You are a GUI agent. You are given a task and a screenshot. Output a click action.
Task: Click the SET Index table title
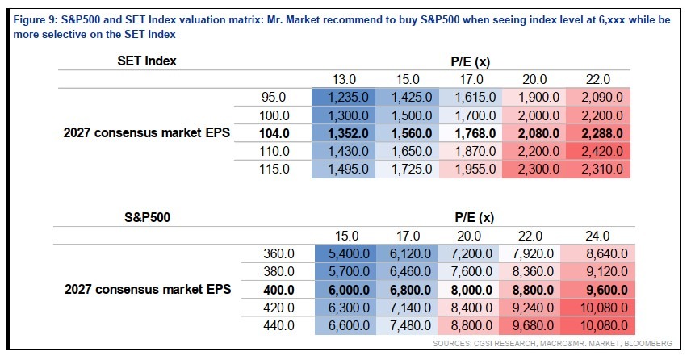147,61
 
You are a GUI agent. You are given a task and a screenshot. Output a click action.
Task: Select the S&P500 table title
147,217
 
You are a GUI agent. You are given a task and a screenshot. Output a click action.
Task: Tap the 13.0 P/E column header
344,79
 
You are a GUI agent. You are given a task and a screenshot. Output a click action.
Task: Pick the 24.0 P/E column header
597,236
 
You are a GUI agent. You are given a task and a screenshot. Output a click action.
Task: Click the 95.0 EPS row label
274,98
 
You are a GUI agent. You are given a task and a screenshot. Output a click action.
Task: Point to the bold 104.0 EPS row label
274,133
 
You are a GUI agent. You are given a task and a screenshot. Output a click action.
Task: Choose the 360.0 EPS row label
279,253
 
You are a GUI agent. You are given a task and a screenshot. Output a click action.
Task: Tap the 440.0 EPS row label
279,325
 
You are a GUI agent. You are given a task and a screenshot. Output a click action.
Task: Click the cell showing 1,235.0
343,98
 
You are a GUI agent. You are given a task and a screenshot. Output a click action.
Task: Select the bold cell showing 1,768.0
471,133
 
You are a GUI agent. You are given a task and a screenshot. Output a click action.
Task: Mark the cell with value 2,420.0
598,151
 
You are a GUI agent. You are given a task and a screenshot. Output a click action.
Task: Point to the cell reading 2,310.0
598,170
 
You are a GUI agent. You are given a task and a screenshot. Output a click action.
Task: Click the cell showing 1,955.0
471,170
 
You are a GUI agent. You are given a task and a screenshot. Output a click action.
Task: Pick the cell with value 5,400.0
345,253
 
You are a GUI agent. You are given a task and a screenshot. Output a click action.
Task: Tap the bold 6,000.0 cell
345,290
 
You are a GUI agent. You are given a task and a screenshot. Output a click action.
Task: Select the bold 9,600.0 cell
597,290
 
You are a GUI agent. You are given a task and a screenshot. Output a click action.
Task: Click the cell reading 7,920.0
530,253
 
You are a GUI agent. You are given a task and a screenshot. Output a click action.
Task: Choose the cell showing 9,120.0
597,272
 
